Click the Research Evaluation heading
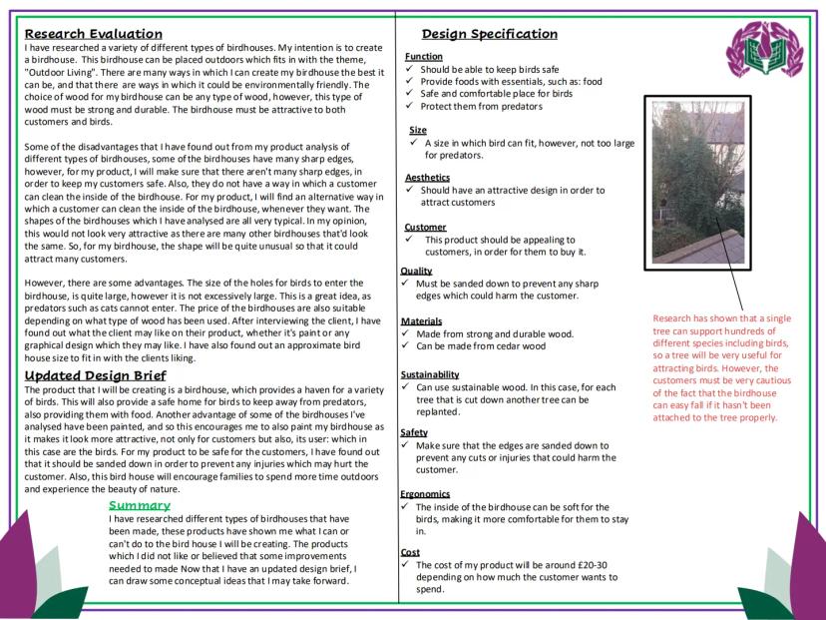click(94, 34)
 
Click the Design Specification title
click(489, 34)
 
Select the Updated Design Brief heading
click(95, 375)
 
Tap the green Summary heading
click(140, 505)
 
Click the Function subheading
click(424, 57)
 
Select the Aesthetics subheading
click(428, 177)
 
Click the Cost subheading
click(410, 551)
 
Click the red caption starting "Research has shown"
click(723, 367)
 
